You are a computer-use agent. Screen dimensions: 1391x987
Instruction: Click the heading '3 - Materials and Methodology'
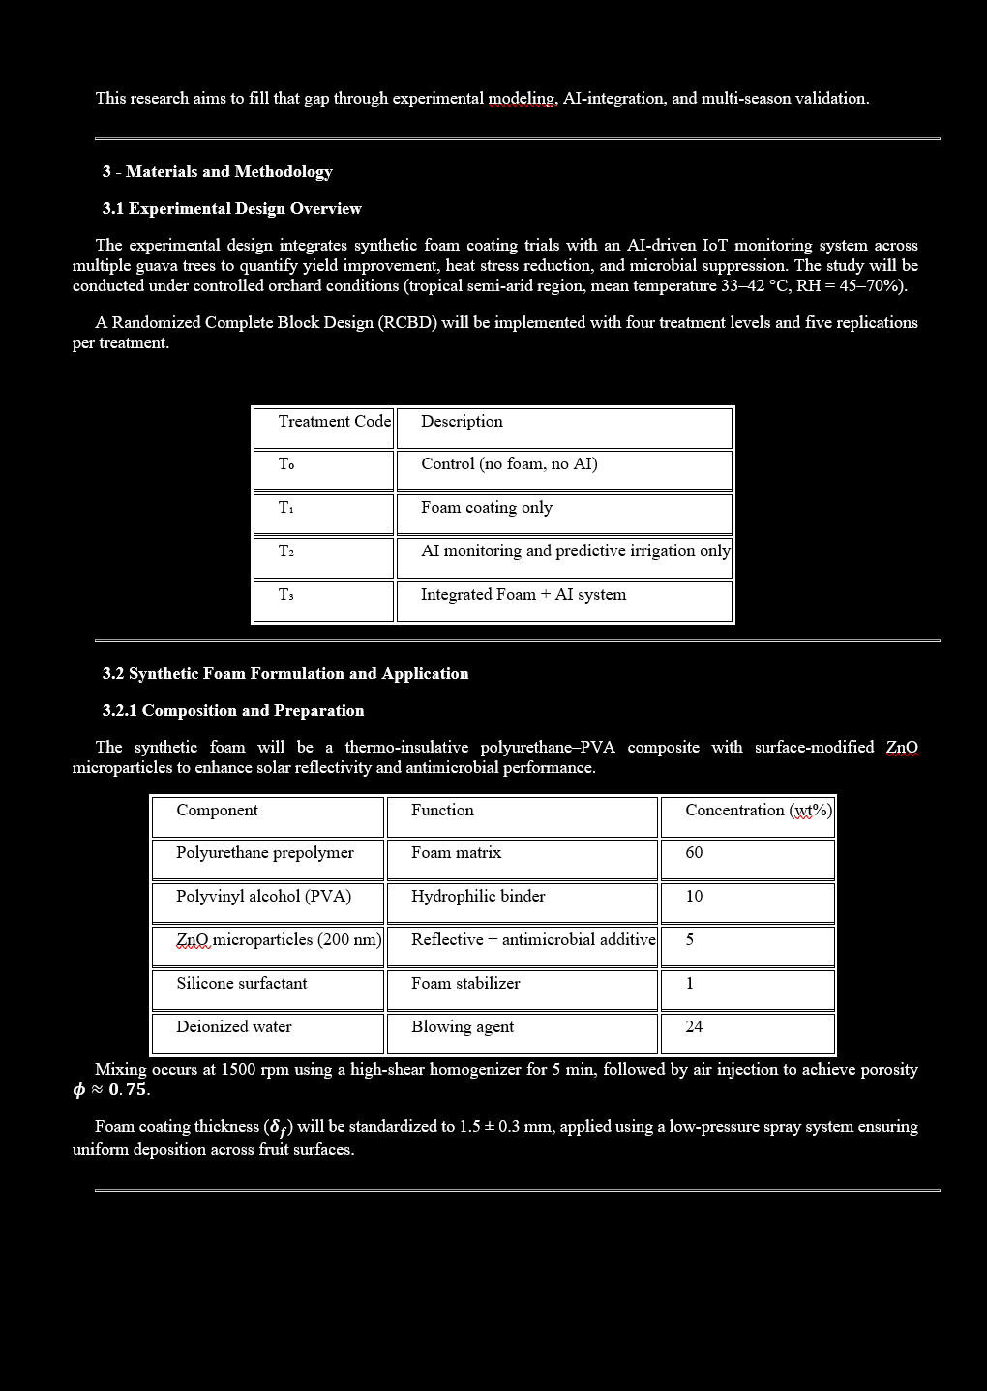[x=218, y=171]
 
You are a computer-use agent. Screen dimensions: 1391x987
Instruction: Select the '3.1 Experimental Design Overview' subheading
[x=232, y=208]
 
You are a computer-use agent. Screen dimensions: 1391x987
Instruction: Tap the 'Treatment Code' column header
[x=334, y=422]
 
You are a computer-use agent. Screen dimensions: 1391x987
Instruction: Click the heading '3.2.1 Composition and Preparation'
[x=233, y=710]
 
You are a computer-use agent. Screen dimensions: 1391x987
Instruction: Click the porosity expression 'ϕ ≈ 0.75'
[x=111, y=1090]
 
